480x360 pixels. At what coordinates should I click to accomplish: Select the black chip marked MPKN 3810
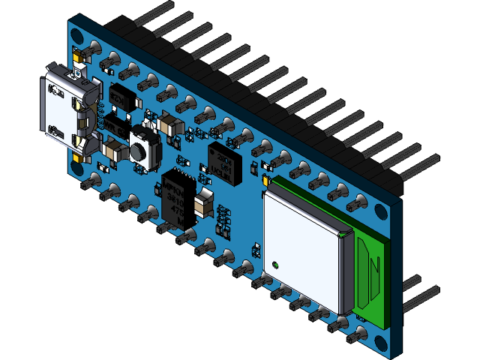click(178, 197)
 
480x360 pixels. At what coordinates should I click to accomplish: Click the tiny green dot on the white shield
click(277, 264)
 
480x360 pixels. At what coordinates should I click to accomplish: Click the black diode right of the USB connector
click(121, 97)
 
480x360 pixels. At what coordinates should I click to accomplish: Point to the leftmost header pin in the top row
click(162, 10)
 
